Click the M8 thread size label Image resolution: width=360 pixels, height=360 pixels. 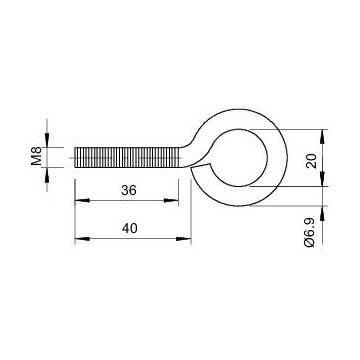click(x=36, y=156)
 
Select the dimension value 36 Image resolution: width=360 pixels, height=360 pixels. click(x=129, y=191)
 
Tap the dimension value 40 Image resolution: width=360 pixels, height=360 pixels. click(x=129, y=229)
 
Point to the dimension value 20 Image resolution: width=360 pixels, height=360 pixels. click(x=311, y=161)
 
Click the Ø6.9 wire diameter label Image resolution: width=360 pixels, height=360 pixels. click(x=310, y=233)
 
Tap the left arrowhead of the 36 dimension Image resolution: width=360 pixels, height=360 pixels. click(x=82, y=201)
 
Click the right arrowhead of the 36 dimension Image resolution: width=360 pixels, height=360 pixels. click(x=171, y=201)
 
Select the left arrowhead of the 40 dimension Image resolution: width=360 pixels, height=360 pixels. click(x=82, y=239)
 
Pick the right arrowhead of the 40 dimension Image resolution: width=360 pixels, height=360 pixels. click(x=184, y=239)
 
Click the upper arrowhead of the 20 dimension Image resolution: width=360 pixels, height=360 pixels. click(x=322, y=137)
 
